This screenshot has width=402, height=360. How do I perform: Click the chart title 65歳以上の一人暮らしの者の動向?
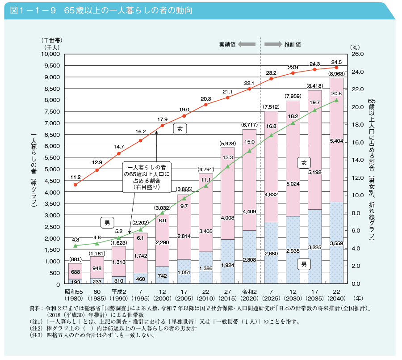(128, 10)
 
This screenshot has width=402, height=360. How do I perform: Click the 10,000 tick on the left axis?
(50, 54)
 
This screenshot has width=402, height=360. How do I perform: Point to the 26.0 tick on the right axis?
(359, 54)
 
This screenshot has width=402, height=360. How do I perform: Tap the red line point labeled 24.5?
(336, 68)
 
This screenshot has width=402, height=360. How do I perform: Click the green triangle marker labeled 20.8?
(336, 100)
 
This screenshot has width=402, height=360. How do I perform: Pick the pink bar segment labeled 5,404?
(336, 141)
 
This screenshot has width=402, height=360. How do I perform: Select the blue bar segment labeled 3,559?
(336, 243)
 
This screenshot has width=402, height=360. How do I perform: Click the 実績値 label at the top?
(227, 45)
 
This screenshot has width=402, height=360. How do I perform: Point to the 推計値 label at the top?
(293, 45)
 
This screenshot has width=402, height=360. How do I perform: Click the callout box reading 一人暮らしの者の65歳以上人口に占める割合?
(147, 177)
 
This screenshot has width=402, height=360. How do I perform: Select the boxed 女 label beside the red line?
(180, 129)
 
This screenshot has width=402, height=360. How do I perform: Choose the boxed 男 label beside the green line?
(107, 222)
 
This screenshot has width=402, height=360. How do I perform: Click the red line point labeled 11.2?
(75, 185)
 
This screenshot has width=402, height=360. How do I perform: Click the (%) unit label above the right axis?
(355, 47)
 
